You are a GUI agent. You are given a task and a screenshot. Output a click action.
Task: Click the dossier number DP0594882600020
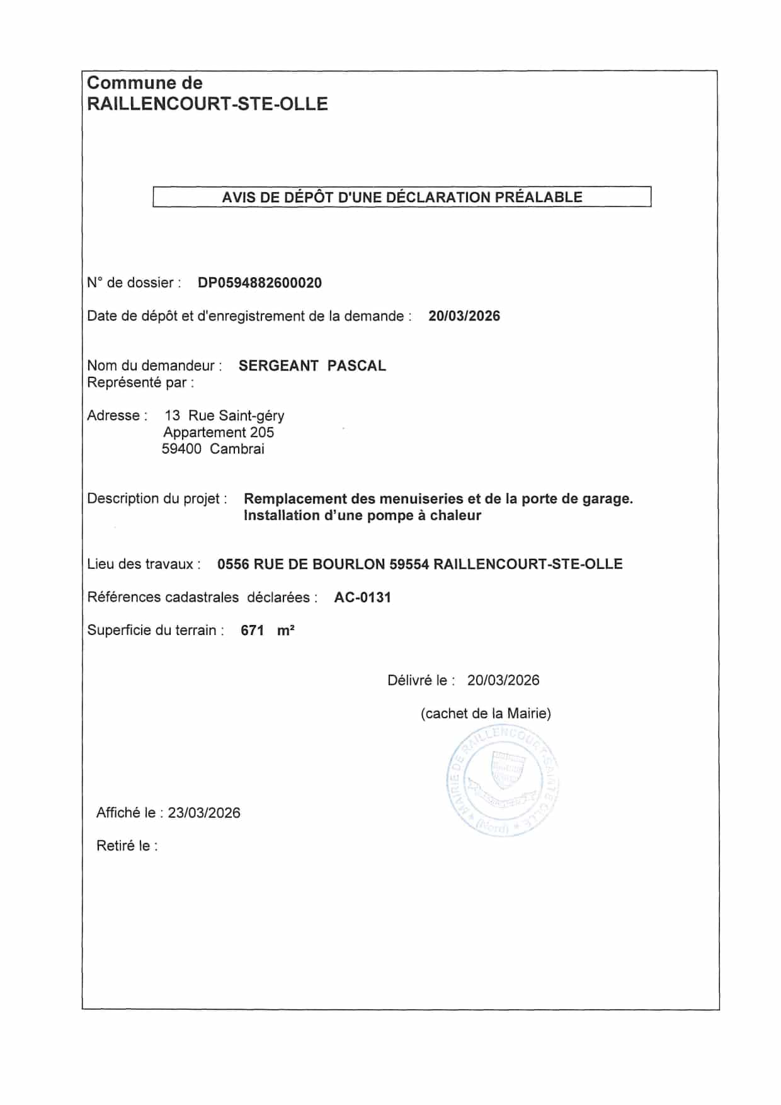[x=259, y=283]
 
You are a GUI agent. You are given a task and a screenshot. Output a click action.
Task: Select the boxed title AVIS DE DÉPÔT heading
[x=402, y=197]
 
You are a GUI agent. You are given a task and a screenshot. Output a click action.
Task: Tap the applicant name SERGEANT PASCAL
[x=312, y=366]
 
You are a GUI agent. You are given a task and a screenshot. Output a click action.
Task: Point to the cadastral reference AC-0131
[x=362, y=598]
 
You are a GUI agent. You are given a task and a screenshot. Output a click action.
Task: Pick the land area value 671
[x=252, y=631]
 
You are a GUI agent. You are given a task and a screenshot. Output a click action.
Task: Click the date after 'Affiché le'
[x=204, y=813]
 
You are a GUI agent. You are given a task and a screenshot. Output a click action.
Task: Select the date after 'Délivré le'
[x=503, y=680]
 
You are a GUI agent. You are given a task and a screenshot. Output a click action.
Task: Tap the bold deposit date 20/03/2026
[x=464, y=316]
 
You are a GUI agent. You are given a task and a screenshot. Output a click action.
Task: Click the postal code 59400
[x=181, y=449]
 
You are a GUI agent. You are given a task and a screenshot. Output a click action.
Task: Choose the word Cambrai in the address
[x=237, y=449]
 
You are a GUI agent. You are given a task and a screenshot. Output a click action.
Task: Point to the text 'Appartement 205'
[x=219, y=433]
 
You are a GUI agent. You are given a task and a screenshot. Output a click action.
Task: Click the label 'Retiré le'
[x=127, y=846]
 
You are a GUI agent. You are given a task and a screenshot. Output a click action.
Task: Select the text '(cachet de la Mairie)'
[x=486, y=714]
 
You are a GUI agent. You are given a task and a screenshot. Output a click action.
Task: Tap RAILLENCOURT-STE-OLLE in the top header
[x=207, y=104]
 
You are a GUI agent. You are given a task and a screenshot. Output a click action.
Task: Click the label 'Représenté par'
[x=140, y=382]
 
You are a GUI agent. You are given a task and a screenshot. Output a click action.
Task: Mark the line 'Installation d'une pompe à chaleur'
[x=362, y=516]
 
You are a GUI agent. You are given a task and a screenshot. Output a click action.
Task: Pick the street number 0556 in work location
[x=233, y=564]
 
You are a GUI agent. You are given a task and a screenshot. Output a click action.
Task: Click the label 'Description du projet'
[x=157, y=499]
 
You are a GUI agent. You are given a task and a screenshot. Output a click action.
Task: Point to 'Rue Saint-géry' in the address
[x=236, y=416]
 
